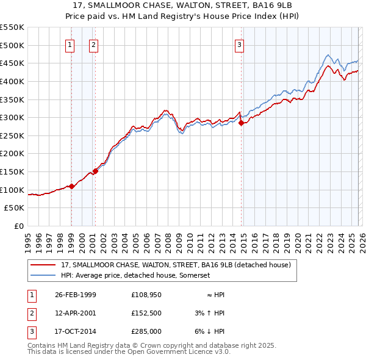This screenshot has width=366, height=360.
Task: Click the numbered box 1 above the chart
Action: point(71,44)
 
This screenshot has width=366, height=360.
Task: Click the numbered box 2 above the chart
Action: point(93,44)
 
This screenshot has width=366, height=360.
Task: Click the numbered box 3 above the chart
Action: point(240,44)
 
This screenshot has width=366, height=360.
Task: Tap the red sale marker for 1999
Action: point(72,186)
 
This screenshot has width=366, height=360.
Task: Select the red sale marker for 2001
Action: point(95,171)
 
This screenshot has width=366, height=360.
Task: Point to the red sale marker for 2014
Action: point(241,123)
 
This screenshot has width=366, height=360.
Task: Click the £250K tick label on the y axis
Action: point(12,135)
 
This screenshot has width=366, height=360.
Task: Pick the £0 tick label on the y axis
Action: point(19,226)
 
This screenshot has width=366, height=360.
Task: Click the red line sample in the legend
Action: point(43,265)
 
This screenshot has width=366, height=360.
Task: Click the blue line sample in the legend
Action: point(43,276)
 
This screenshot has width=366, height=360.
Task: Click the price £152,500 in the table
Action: point(146,313)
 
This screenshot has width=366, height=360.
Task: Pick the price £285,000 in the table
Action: point(146,332)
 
